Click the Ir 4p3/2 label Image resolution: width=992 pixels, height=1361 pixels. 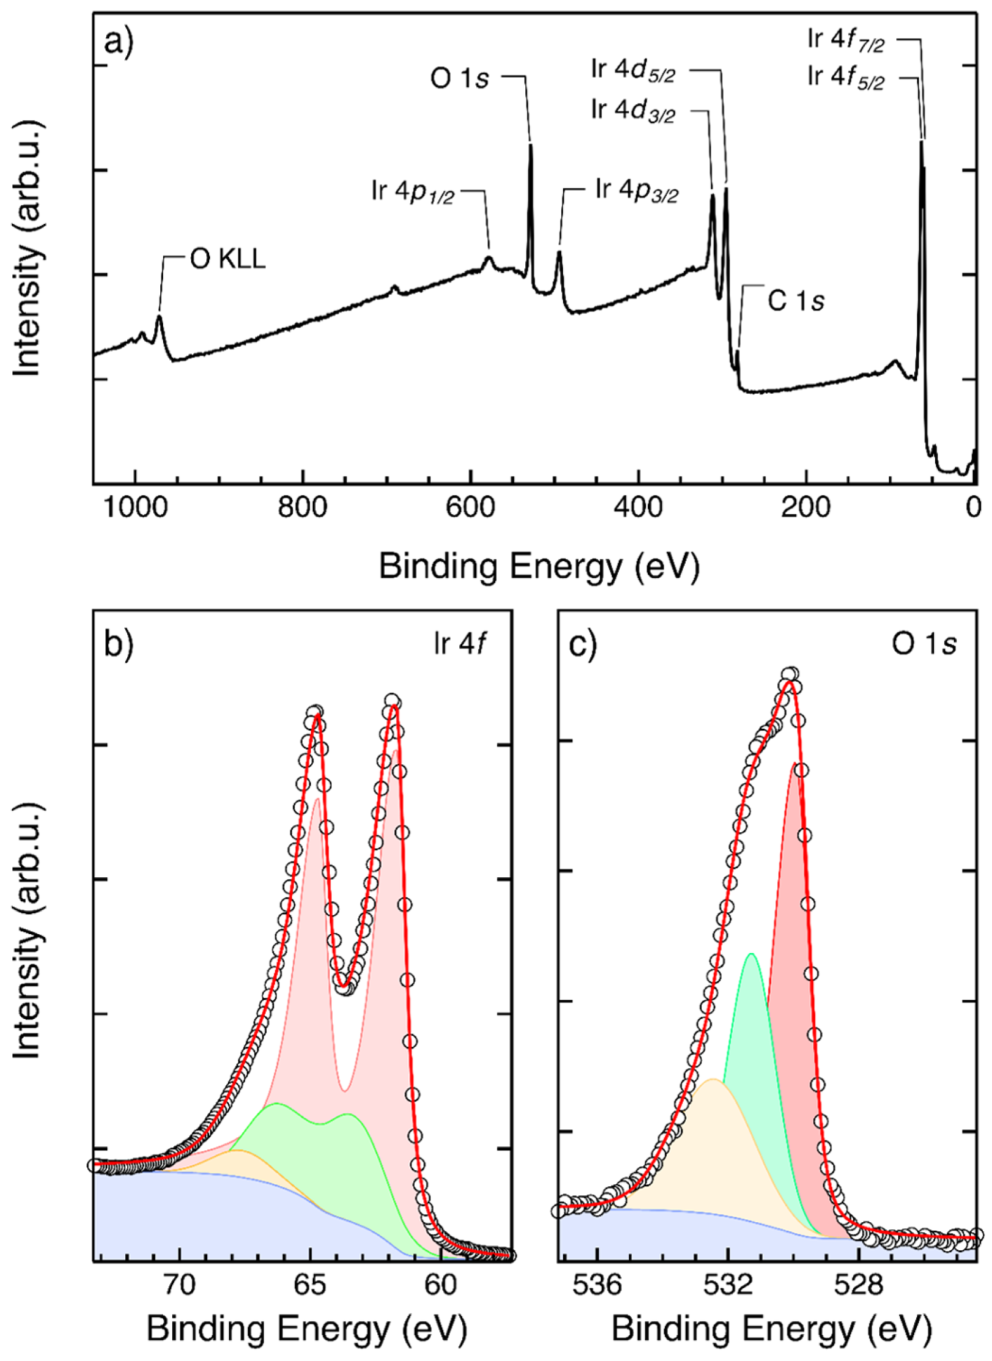[x=636, y=191]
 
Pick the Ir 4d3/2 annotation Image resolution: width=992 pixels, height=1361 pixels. [x=633, y=112]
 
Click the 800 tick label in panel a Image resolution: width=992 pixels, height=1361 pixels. [x=303, y=509]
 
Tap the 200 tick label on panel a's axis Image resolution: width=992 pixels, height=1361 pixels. [x=806, y=509]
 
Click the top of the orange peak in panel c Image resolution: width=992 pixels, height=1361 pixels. [x=713, y=1080]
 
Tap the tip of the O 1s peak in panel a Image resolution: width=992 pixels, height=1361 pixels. [x=530, y=144]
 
